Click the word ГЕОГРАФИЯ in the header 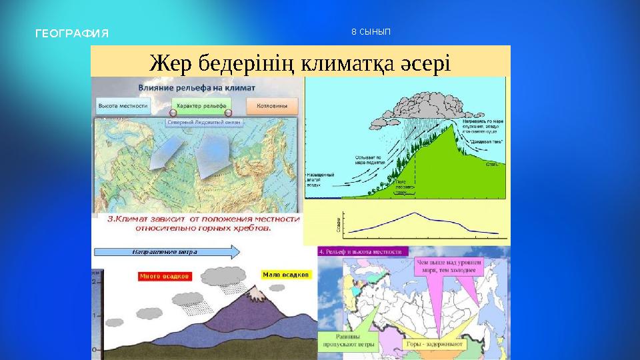click(x=71, y=33)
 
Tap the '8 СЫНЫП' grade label click(x=371, y=32)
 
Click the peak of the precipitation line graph click(x=414, y=213)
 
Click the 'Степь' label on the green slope click(x=494, y=162)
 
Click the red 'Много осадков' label click(x=164, y=275)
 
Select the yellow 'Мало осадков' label click(x=285, y=274)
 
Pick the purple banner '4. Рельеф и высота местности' click(x=363, y=252)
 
